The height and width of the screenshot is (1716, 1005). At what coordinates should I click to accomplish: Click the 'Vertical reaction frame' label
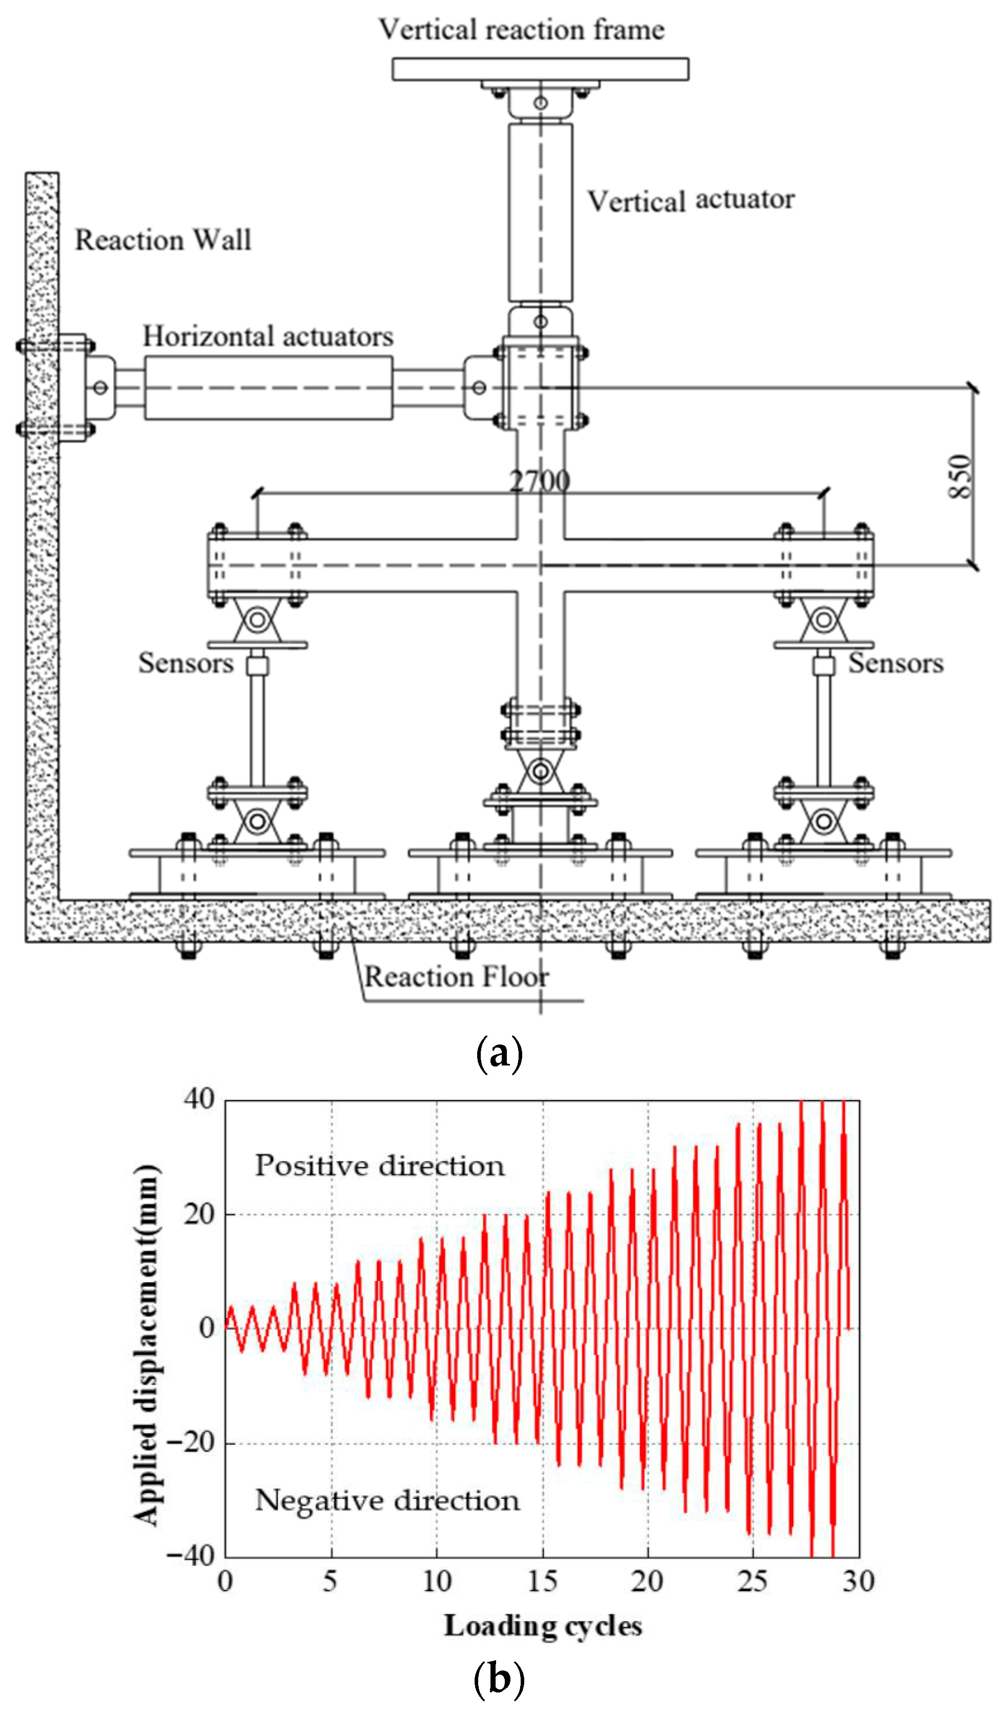(521, 30)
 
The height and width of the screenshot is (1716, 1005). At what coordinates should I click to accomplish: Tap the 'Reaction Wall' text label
(163, 240)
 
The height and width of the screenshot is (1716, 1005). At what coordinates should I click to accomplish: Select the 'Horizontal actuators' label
(268, 336)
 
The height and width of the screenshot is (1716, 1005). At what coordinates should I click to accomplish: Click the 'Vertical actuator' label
(690, 201)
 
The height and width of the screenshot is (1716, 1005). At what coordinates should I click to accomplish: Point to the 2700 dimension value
(540, 481)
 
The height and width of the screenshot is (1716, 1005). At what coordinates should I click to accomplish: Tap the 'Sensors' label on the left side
(185, 663)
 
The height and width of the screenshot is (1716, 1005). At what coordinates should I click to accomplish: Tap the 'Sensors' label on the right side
(896, 663)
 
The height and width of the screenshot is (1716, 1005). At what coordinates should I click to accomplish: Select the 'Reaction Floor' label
(456, 977)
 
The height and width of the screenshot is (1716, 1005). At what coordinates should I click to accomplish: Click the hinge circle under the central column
(540, 772)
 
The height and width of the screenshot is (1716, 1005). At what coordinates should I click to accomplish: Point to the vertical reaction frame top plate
(540, 69)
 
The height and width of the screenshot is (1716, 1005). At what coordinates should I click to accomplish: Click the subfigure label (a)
(499, 1054)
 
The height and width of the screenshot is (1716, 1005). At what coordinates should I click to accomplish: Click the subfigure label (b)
(499, 1679)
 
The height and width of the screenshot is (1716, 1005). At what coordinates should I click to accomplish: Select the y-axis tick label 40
(199, 1099)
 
